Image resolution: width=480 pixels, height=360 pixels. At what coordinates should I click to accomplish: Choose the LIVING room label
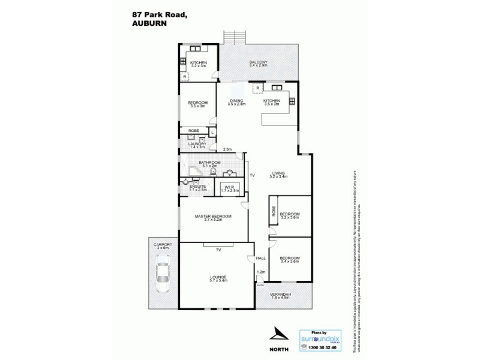tap(279, 173)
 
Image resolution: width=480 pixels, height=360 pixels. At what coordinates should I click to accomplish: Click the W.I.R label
tap(230, 187)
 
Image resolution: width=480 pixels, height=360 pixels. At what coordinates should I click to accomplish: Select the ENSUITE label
tap(198, 187)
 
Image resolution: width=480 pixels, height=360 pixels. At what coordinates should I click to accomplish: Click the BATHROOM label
tap(210, 163)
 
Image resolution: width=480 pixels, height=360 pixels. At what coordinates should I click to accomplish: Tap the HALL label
tap(260, 258)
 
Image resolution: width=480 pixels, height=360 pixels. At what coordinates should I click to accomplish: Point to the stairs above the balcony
tap(233, 37)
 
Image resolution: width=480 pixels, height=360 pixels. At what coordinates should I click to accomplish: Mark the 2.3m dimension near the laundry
tap(228, 149)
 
